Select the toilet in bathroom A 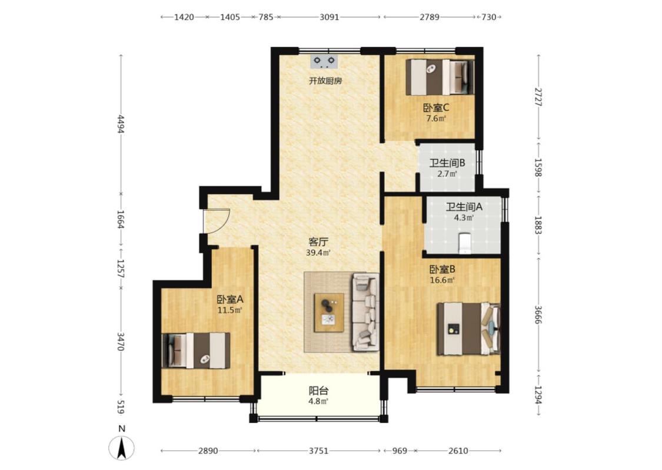pyautogui.click(x=464, y=243)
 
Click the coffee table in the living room pyautogui.click(x=329, y=313)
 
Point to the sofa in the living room pyautogui.click(x=365, y=312)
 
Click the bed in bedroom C pyautogui.click(x=440, y=77)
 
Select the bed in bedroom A pyautogui.click(x=197, y=351)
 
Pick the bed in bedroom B pyautogui.click(x=468, y=329)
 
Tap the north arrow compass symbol pyautogui.click(x=122, y=448)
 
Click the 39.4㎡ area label pyautogui.click(x=318, y=253)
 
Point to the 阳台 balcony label pyautogui.click(x=318, y=391)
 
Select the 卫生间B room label pyautogui.click(x=447, y=163)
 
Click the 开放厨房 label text pyautogui.click(x=325, y=80)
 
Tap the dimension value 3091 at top pyautogui.click(x=330, y=17)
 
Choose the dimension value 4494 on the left pyautogui.click(x=121, y=124)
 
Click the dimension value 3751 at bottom pyautogui.click(x=318, y=451)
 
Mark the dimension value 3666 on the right pyautogui.click(x=538, y=315)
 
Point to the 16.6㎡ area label pyautogui.click(x=442, y=280)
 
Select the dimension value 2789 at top pyautogui.click(x=430, y=17)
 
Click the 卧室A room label pyautogui.click(x=230, y=299)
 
